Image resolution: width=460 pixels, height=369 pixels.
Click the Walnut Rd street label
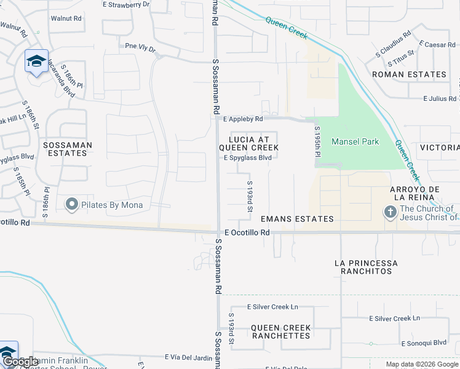(66, 18)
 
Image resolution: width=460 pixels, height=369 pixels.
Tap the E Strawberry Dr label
(125, 4)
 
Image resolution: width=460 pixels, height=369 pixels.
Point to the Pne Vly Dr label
(140, 46)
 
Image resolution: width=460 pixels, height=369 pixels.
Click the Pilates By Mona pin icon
(72, 205)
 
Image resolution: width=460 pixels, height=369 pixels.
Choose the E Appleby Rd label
(243, 119)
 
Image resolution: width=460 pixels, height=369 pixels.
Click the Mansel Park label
(355, 141)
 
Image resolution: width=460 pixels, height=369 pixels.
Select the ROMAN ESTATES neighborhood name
(409, 74)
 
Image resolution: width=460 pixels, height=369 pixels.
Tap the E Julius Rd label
(439, 98)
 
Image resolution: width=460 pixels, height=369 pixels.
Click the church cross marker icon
(389, 213)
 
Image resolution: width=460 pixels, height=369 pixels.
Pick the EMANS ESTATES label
(297, 219)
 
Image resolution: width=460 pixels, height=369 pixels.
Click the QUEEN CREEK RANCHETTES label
(280, 332)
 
